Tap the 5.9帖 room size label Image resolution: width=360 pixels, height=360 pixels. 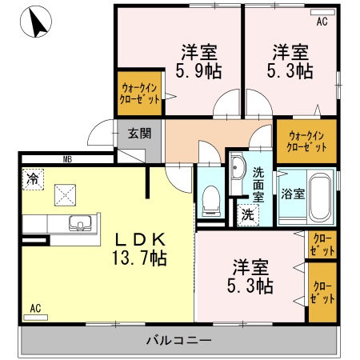click(x=200, y=71)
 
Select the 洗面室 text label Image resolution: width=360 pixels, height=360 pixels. click(x=258, y=184)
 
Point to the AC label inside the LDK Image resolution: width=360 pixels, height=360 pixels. click(x=36, y=307)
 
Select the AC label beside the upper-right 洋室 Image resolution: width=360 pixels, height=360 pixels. click(x=322, y=22)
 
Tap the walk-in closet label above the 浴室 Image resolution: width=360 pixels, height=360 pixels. click(x=307, y=141)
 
